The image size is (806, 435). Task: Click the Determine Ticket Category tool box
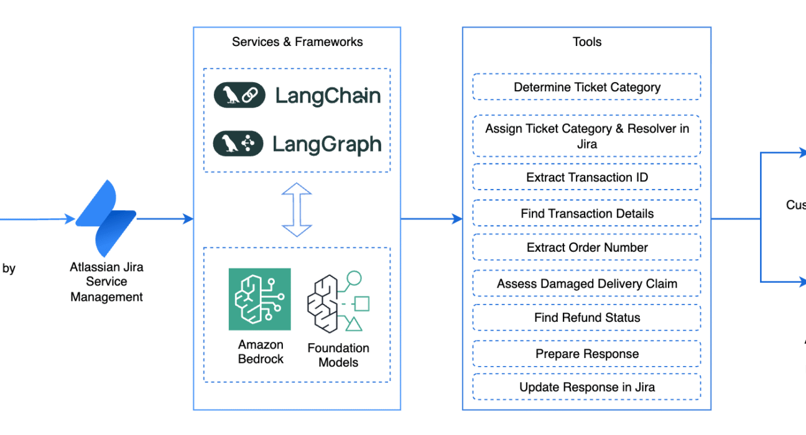point(587,86)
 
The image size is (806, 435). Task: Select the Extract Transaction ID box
point(587,177)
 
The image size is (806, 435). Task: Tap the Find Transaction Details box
point(587,213)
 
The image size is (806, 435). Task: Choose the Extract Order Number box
point(587,247)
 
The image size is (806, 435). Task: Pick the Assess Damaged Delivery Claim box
point(587,283)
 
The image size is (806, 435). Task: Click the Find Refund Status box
point(587,317)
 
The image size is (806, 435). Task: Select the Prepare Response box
point(587,354)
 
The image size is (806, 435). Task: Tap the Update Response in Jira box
point(587,387)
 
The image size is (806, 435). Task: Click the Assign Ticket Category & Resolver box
point(587,136)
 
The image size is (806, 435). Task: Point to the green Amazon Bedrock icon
point(260,299)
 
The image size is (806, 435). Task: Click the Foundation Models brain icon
point(338,302)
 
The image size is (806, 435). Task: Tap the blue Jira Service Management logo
point(106,218)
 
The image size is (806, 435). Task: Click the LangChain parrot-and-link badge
point(239,95)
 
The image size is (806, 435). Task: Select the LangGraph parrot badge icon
point(238,144)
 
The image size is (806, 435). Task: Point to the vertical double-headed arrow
point(297,209)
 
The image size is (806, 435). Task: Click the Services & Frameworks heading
point(297,42)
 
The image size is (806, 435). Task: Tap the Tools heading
point(587,42)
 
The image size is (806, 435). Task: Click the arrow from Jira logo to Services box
point(165,219)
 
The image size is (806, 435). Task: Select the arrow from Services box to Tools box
point(432,219)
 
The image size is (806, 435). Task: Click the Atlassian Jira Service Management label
point(106,282)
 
